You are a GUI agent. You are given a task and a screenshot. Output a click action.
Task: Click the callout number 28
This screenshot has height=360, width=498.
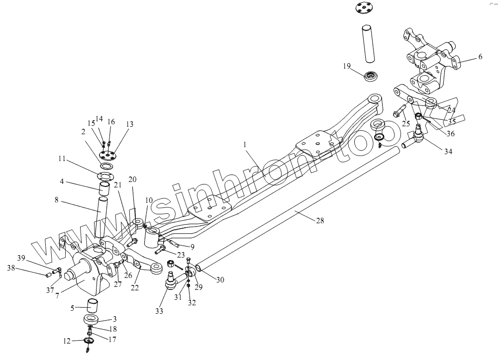pos(319,220)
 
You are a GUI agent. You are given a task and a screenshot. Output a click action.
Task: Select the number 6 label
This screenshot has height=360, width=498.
pos(480,57)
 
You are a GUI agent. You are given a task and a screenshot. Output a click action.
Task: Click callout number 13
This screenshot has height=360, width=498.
pos(130,124)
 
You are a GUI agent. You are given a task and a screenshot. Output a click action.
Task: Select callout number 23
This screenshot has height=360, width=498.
pos(180,255)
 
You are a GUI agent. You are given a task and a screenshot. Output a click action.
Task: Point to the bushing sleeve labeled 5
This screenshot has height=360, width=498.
pos(94,304)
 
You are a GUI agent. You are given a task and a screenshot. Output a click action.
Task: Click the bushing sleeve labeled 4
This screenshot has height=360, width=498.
pos(104,189)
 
